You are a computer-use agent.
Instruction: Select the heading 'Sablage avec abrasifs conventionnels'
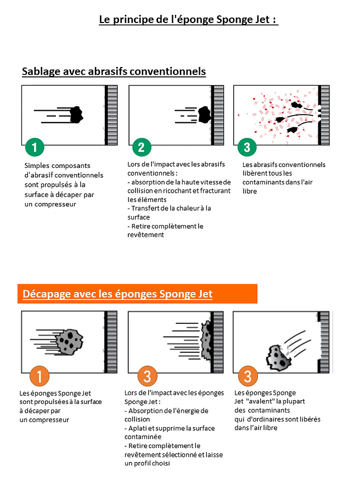pos(114,71)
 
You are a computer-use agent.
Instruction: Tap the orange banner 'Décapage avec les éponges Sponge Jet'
pos(137,294)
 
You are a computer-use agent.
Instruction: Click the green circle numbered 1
pos(35,147)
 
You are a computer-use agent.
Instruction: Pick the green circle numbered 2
pos(141,147)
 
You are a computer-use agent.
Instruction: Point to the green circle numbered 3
pos(247,147)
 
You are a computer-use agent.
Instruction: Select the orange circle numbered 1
pos(40,377)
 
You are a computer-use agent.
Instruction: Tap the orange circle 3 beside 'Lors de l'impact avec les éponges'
pos(147,377)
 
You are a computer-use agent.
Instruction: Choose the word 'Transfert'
pos(144,209)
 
